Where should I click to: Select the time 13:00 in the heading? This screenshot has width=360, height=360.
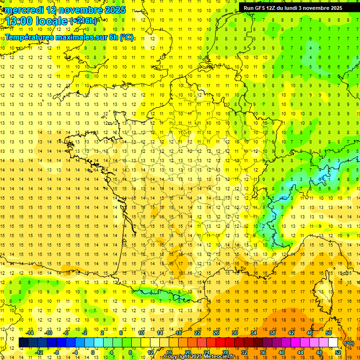pyautogui.click(x=20, y=21)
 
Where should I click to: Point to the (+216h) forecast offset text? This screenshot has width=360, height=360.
pyautogui.click(x=83, y=21)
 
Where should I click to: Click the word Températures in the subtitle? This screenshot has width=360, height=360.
pyautogui.click(x=29, y=37)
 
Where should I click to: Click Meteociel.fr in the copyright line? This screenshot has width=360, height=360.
pyautogui.click(x=218, y=357)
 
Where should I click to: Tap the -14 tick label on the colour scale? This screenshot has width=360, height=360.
pyautogui.click(x=30, y=332)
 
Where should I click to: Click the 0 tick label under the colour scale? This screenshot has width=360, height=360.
pyautogui.click(x=93, y=352)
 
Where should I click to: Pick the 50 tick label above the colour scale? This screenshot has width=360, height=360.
pyautogui.click(x=328, y=332)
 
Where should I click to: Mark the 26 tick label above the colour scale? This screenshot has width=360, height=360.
pyautogui.click(x=216, y=332)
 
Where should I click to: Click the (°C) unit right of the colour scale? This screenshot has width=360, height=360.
pyautogui.click(x=349, y=343)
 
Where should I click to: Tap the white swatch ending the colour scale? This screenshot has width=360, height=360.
pyautogui.click(x=333, y=343)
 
